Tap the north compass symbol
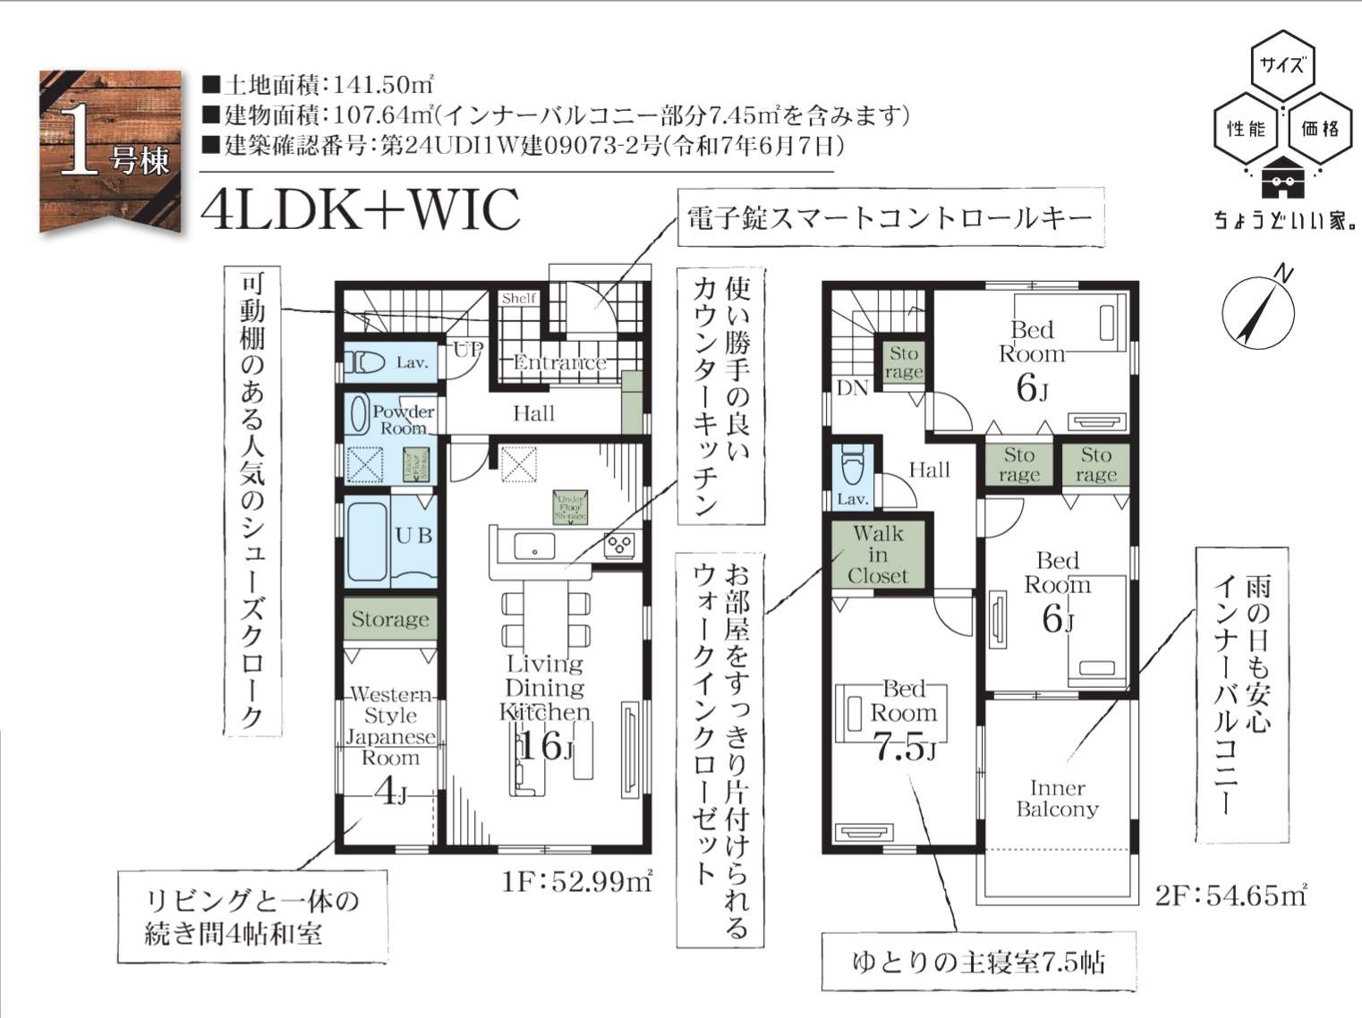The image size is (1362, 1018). [x=1258, y=309]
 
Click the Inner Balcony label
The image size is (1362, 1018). [x=1057, y=799]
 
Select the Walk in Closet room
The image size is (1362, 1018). [x=878, y=556]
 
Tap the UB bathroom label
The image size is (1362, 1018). [x=413, y=536]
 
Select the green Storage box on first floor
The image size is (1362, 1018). [x=389, y=619]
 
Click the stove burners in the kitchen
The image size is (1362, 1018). [x=619, y=544]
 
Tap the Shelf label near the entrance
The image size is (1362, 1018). [x=519, y=299]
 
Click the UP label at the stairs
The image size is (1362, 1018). [x=467, y=350]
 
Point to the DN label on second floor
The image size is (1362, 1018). [x=852, y=388]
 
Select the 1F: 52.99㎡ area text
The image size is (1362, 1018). [x=577, y=883]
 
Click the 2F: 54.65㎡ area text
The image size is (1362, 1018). [x=1230, y=895]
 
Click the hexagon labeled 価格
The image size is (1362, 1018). [x=1320, y=129]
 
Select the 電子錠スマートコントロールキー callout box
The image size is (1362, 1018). [x=890, y=217]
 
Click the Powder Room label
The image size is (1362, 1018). [x=403, y=420]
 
